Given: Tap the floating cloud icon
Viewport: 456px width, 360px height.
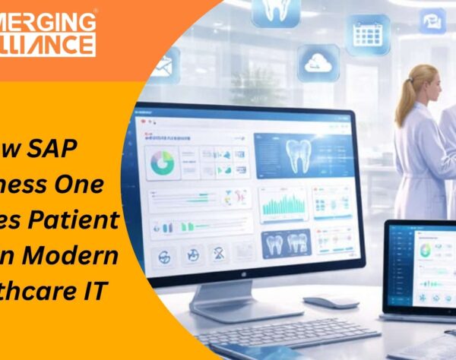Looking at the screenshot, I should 318,62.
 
